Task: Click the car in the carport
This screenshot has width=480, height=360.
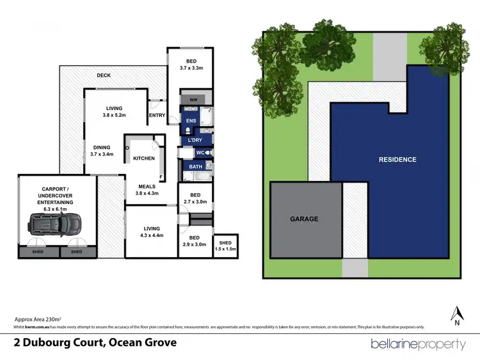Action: (56, 224)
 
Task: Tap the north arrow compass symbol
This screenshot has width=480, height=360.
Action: (457, 315)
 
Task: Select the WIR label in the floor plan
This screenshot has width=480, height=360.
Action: (193, 100)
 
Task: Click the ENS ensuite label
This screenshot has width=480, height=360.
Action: (191, 120)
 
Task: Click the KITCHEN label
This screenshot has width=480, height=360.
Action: (143, 158)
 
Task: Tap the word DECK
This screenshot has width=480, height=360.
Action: (104, 75)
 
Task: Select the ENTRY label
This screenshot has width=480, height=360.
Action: (157, 116)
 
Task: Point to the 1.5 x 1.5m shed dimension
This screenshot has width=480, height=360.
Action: (225, 249)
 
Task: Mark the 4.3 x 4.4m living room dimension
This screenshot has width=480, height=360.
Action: (151, 235)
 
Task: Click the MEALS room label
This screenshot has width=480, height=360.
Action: (148, 186)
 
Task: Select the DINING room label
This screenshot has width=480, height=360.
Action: (102, 147)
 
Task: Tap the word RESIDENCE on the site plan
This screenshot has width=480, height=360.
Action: (397, 160)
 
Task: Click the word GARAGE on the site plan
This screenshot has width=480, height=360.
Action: (304, 219)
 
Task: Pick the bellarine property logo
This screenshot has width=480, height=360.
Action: (418, 344)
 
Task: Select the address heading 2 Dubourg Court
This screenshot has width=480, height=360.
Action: (95, 343)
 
